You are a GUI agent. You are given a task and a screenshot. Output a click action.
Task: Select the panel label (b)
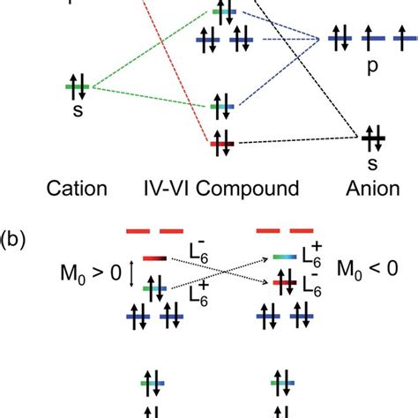15,238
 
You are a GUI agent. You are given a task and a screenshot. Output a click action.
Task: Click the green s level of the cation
77,86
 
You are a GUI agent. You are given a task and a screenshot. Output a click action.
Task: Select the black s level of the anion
370,137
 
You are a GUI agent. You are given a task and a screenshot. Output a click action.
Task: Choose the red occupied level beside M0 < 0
284,284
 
